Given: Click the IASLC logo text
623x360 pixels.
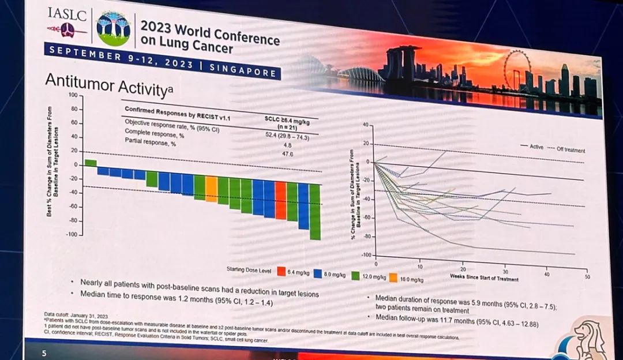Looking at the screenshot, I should pyautogui.click(x=68, y=13).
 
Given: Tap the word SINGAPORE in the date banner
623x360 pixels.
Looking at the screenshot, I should pyautogui.click(x=243, y=71).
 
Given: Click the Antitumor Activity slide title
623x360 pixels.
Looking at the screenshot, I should pyautogui.click(x=108, y=86).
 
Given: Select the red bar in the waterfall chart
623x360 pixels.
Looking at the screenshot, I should pyautogui.click(x=281, y=200).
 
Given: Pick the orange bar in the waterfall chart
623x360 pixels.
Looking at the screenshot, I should pyautogui.click(x=212, y=189).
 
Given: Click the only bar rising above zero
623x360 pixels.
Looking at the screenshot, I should pyautogui.click(x=91, y=163).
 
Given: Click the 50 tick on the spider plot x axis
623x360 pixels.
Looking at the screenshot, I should pyautogui.click(x=587, y=277).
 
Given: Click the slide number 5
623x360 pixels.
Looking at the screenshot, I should pyautogui.click(x=44, y=352).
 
